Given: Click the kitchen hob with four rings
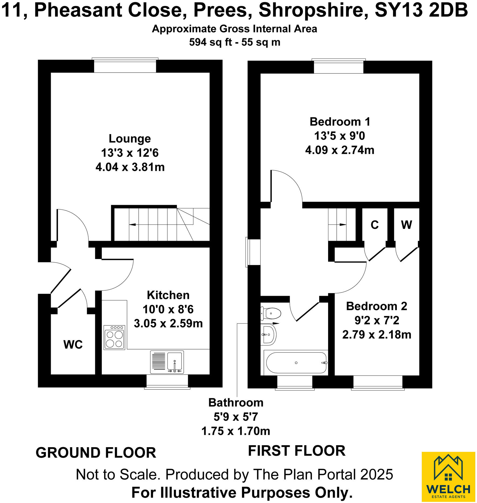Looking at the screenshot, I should tap(114, 337).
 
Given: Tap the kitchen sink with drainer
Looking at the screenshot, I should tap(167, 362).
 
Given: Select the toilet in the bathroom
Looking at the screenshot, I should tap(271, 314).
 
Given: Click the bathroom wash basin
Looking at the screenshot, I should tap(268, 335).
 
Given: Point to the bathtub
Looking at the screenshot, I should tap(296, 363).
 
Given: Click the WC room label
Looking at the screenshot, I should tap(73, 345).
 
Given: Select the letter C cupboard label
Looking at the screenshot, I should tap(374, 225).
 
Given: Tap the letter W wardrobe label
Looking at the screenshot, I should tap(406, 225).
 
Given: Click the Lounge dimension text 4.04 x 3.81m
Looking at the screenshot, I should tap(130, 167).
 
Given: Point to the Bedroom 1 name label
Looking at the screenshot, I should tap(340, 122).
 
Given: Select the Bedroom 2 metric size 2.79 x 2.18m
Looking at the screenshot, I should tap(377, 335).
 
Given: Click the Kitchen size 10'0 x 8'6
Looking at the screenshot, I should tap(168, 309).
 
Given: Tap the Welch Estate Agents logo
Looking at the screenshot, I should tap(448, 477).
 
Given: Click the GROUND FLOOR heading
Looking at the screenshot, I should tap(96, 453).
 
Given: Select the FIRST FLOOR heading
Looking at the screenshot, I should tap(297, 451).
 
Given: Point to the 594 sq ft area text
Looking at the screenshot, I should tap(210, 42).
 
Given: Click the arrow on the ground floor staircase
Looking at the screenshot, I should tap(132, 225).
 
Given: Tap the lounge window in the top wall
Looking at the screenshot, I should tap(125, 66).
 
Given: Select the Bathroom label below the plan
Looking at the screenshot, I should tap(236, 403).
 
